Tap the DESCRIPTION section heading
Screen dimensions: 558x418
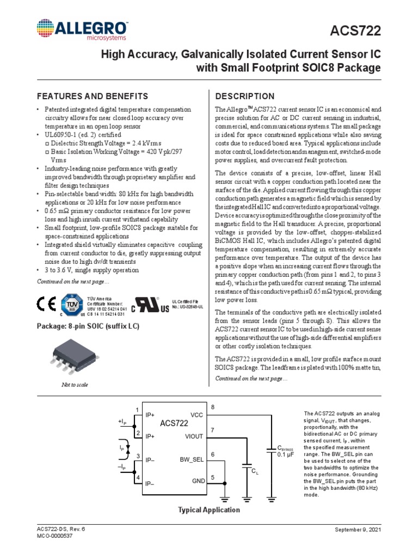[x=245, y=96]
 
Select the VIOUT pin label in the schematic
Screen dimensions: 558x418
[x=194, y=436]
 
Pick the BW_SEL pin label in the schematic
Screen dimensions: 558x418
[x=192, y=459]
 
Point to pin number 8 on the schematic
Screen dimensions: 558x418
[x=213, y=407]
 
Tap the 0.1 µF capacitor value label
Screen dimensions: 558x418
[x=286, y=454]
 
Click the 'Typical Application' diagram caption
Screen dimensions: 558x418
[x=209, y=510]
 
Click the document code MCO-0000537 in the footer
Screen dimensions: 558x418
[x=54, y=536]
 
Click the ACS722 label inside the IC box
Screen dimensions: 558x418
[x=174, y=423]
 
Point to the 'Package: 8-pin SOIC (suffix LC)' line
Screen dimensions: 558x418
[x=88, y=326]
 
